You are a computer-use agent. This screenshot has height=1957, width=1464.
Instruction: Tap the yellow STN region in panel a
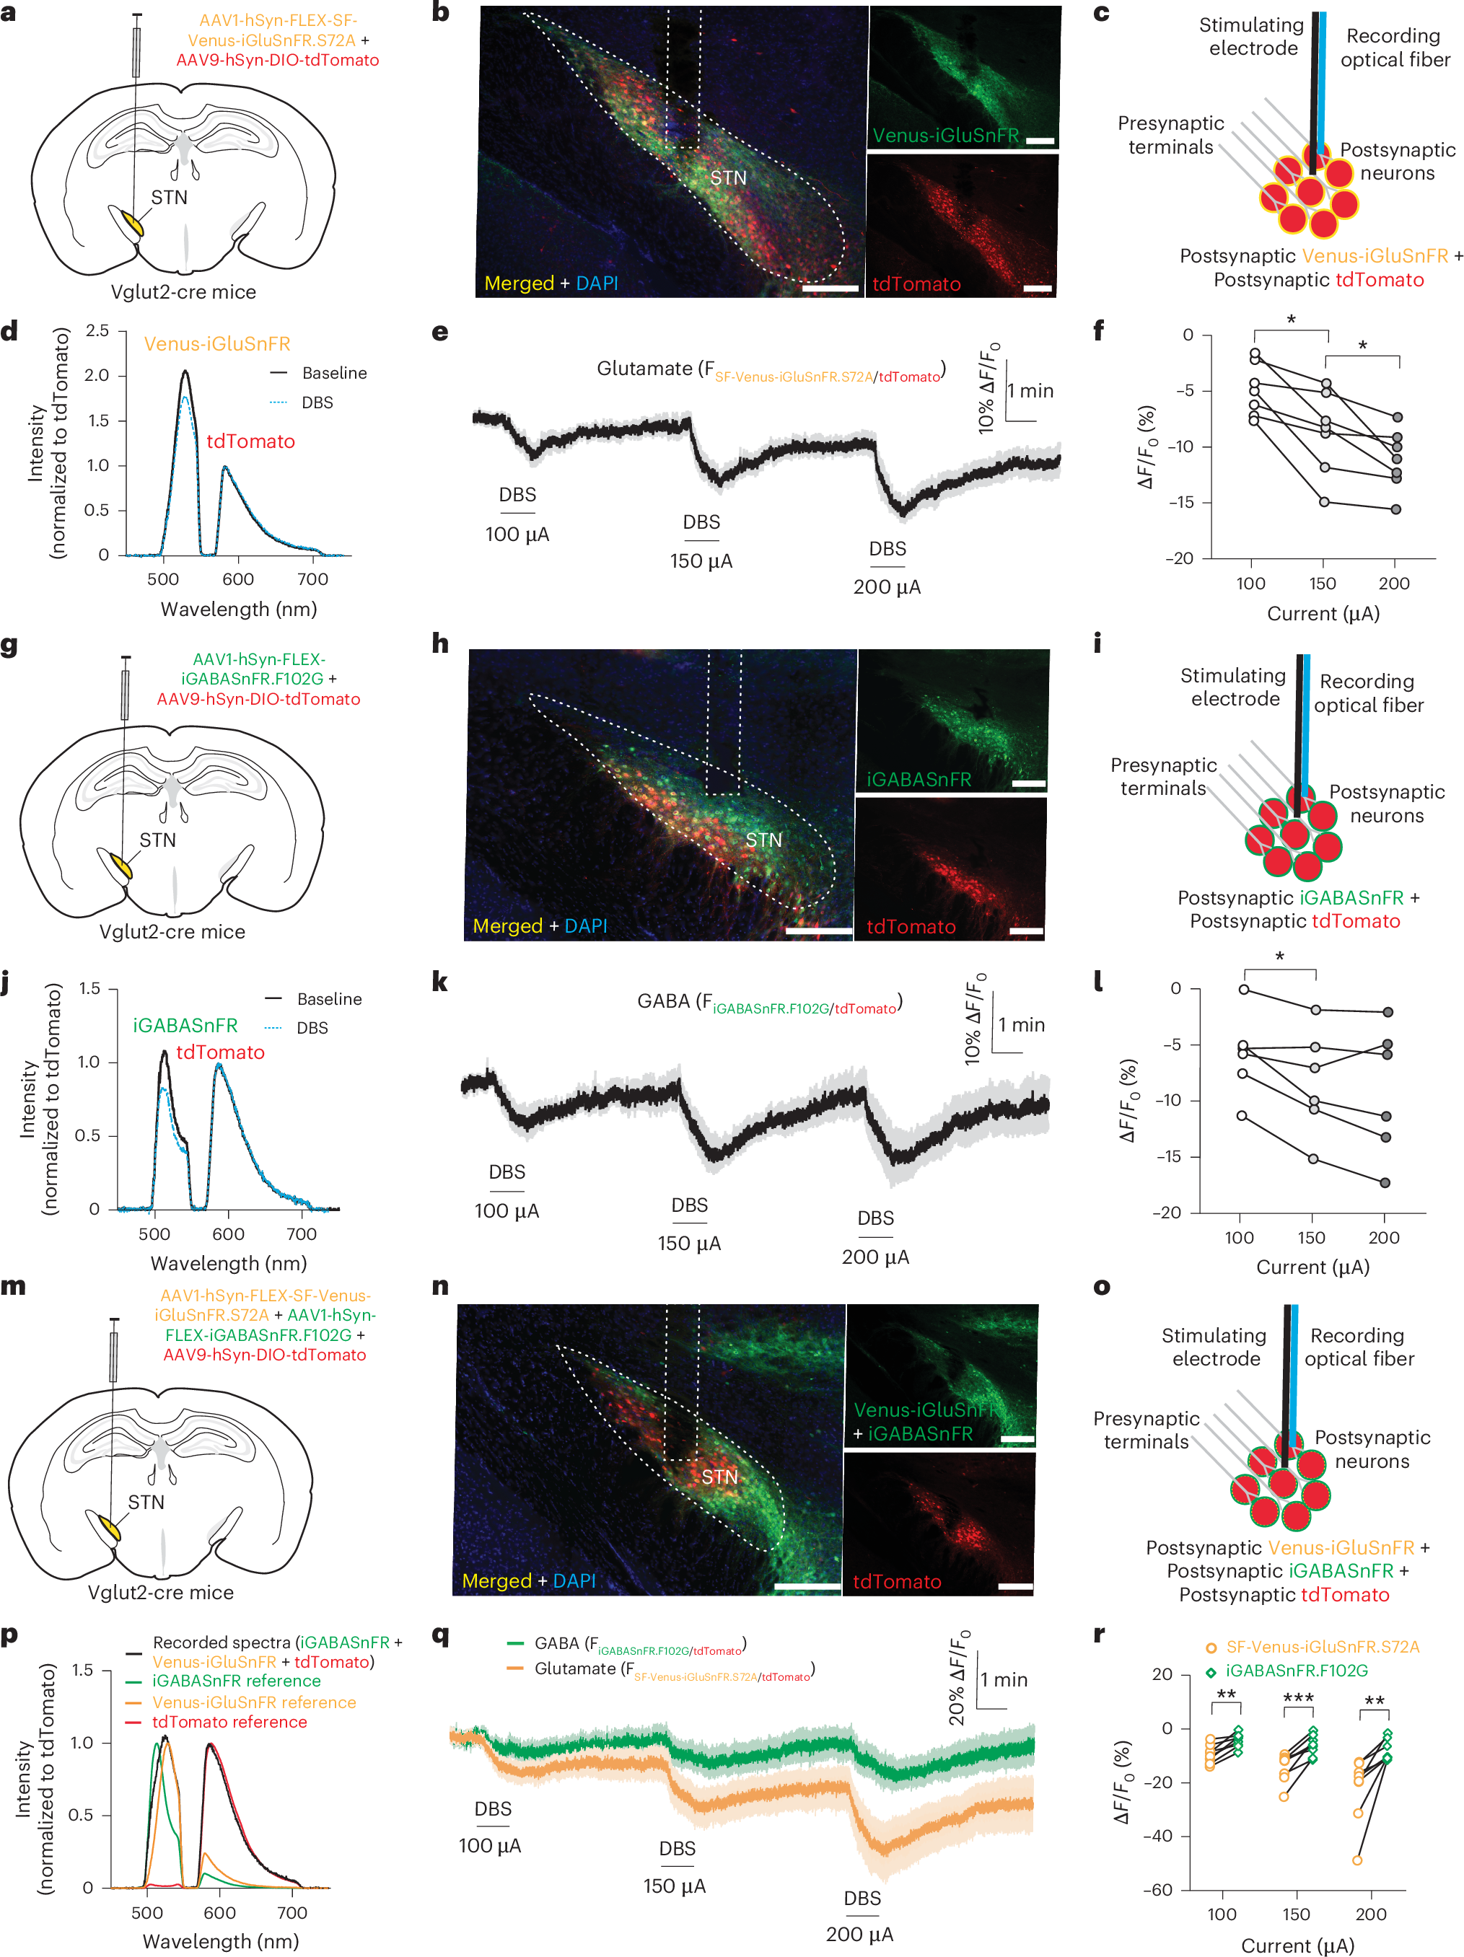(x=133, y=223)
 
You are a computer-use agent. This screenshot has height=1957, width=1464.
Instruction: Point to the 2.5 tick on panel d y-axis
(x=97, y=331)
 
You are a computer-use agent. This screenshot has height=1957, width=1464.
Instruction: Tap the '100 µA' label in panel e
(x=517, y=535)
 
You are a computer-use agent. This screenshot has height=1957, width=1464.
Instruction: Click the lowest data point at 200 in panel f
(x=1396, y=509)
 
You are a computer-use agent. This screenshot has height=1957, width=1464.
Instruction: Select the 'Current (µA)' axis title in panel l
(x=1312, y=1267)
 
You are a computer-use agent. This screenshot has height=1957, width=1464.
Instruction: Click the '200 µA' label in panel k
(x=875, y=1257)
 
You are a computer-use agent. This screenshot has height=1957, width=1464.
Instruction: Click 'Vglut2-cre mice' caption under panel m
(x=160, y=1593)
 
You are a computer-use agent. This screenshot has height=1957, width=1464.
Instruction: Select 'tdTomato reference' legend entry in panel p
(x=229, y=1722)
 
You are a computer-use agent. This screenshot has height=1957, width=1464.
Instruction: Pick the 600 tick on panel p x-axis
(x=219, y=1913)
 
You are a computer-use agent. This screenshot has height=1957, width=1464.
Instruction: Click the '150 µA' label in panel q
(x=675, y=1886)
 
